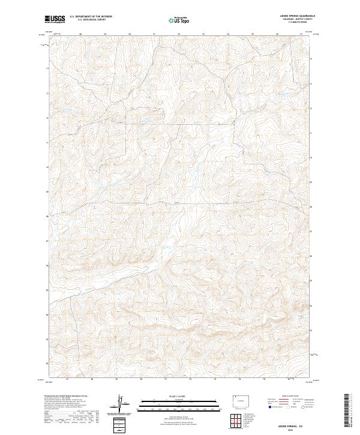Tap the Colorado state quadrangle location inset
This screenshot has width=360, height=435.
coord(239,399)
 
